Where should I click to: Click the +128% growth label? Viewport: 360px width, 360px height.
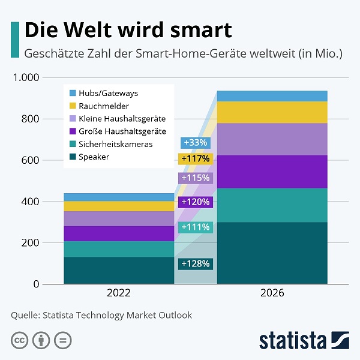pos(196,263)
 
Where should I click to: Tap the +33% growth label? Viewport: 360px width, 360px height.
pos(195,143)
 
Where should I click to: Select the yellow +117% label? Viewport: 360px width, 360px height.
pos(195,159)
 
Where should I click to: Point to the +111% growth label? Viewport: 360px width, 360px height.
pos(195,227)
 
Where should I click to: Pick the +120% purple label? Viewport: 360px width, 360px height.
pos(195,202)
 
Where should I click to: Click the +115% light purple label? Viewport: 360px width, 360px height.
pos(195,178)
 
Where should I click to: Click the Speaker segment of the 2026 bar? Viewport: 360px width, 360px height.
pos(272,253)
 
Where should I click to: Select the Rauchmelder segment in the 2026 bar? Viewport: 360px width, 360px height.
pos(272,112)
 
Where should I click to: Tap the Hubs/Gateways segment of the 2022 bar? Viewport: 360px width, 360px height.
pos(119,197)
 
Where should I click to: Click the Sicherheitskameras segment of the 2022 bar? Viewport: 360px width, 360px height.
pos(119,249)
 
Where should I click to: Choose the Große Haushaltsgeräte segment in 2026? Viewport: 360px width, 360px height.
pos(272,172)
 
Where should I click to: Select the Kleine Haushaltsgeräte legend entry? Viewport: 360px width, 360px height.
pos(116,119)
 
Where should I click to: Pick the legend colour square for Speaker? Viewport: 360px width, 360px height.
pos(73,157)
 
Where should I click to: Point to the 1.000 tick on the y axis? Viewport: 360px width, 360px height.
pos(26,77)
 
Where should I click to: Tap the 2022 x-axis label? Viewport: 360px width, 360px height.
pos(119,294)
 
